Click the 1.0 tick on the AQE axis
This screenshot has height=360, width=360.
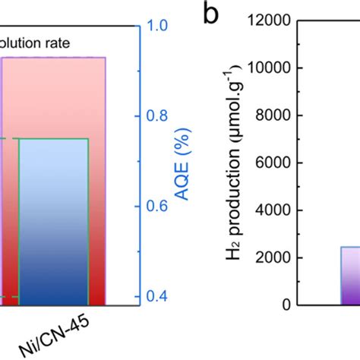click(x=156, y=25)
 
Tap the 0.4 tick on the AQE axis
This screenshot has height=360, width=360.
click(x=156, y=296)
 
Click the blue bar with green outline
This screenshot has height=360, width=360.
click(x=53, y=220)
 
